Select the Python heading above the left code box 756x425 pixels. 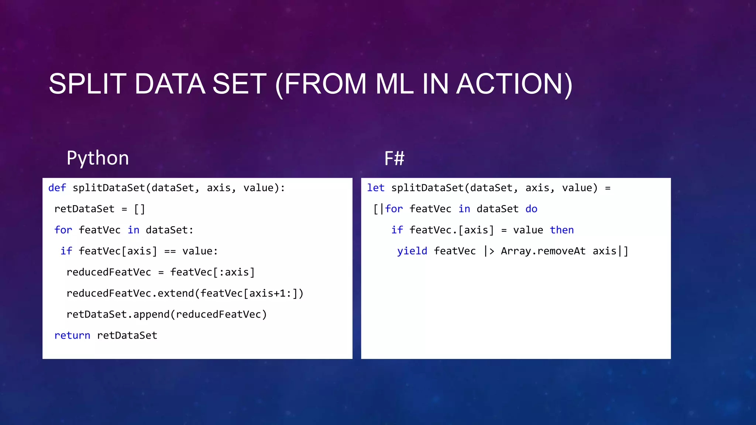click(98, 158)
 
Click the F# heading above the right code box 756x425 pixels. click(394, 159)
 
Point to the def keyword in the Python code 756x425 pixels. click(57, 188)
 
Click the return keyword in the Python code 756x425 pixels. click(72, 335)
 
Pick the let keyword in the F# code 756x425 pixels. click(376, 188)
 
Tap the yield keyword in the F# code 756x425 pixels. click(412, 251)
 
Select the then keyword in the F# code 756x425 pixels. click(562, 230)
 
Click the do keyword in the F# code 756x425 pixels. click(531, 209)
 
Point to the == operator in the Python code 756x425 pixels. click(170, 252)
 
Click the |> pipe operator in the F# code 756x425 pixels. click(489, 251)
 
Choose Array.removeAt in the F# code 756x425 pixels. click(543, 251)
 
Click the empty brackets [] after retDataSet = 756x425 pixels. click(140, 209)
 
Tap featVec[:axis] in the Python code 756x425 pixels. click(212, 272)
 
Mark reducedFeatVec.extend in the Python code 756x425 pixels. click(130, 293)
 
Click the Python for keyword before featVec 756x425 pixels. click(63, 230)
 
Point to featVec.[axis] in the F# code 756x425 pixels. click(451, 230)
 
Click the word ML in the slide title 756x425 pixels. click(395, 84)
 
